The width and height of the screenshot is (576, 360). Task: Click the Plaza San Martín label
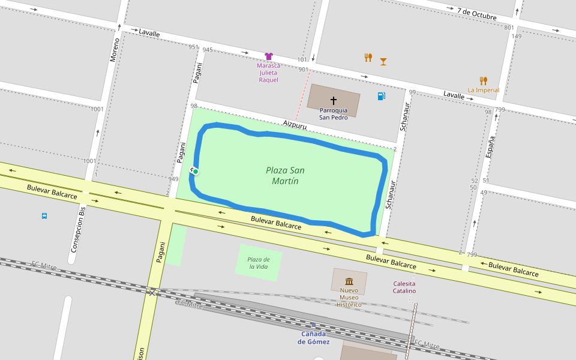pyautogui.click(x=285, y=175)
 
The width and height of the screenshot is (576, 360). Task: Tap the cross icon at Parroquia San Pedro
pyautogui.click(x=334, y=101)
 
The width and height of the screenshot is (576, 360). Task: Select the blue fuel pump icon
pyautogui.click(x=381, y=96)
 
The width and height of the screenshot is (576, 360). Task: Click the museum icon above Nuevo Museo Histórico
pyautogui.click(x=349, y=281)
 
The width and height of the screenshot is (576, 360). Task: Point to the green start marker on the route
pyautogui.click(x=195, y=172)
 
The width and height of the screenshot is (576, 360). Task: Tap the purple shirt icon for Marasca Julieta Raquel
pyautogui.click(x=269, y=56)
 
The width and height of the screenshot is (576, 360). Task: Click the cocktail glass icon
pyautogui.click(x=383, y=61)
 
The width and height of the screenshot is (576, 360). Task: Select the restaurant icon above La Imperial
pyautogui.click(x=483, y=80)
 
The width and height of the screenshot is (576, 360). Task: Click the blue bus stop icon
pyautogui.click(x=44, y=215)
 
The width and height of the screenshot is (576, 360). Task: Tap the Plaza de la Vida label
pyautogui.click(x=259, y=263)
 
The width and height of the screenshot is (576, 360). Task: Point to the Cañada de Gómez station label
pyautogui.click(x=313, y=338)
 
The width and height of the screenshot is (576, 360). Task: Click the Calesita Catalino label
pyautogui.click(x=404, y=287)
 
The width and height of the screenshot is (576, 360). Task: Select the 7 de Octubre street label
pyautogui.click(x=476, y=13)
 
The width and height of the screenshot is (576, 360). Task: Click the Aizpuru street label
pyautogui.click(x=295, y=125)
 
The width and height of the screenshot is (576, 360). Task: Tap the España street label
pyautogui.click(x=490, y=146)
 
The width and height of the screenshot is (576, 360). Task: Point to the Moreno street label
pyautogui.click(x=115, y=50)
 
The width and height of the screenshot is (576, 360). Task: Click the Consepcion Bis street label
pyautogui.click(x=79, y=227)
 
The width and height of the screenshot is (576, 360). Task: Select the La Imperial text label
pyautogui.click(x=484, y=91)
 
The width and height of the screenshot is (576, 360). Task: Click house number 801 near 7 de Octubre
pyautogui.click(x=509, y=28)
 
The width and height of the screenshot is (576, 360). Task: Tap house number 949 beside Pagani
pyautogui.click(x=173, y=179)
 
